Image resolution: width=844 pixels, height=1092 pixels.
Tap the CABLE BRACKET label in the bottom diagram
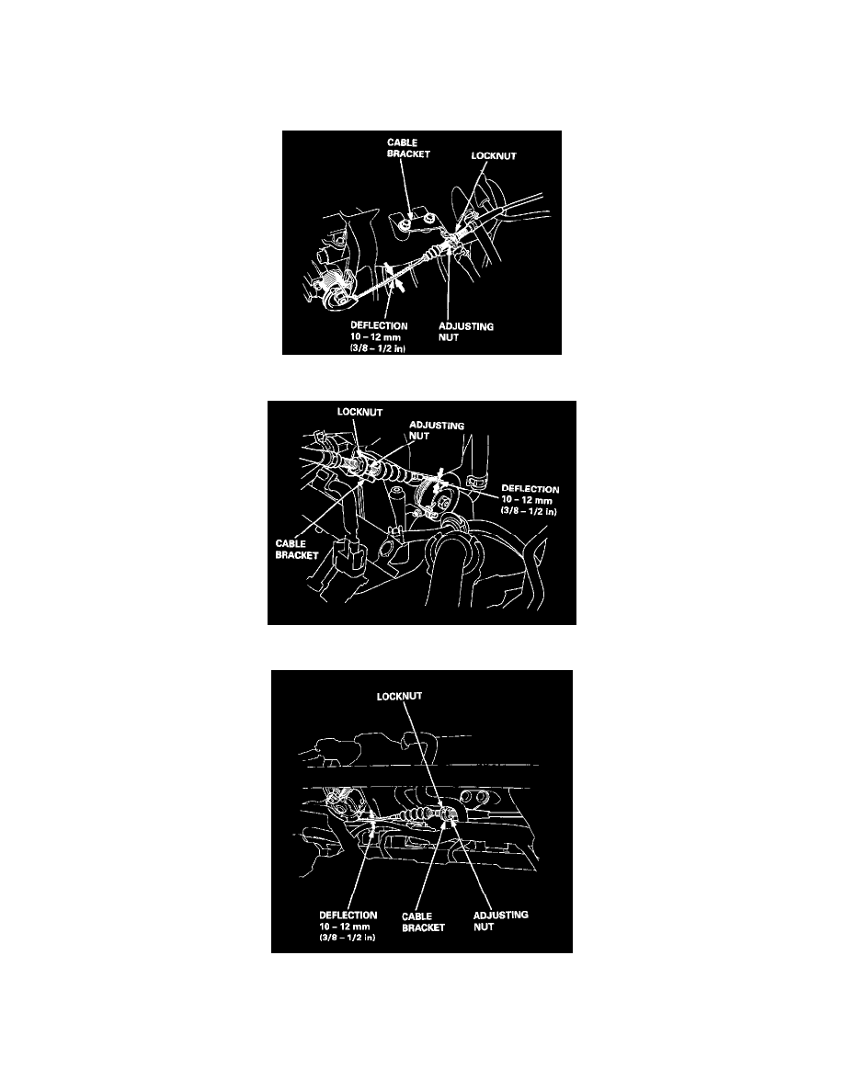423,921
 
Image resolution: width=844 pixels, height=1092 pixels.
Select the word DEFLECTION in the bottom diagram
348,916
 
